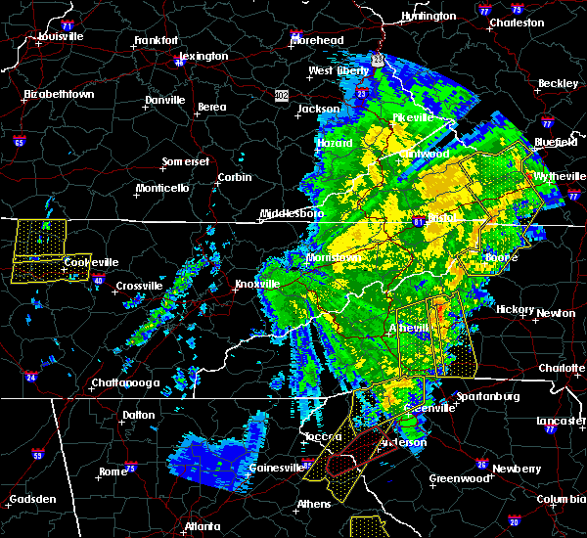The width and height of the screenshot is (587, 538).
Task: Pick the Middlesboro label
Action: tap(291, 213)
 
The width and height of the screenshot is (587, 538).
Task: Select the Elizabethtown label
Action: tap(59, 95)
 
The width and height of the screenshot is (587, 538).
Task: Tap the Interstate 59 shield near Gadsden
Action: tap(37, 455)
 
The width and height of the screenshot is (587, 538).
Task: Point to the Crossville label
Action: tap(138, 286)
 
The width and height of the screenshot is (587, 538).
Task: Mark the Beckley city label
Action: tap(559, 83)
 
